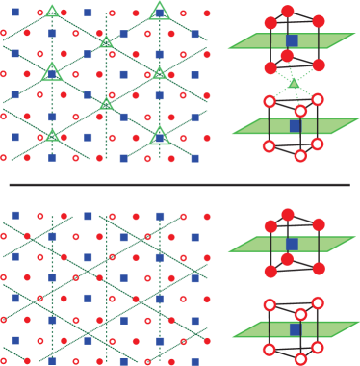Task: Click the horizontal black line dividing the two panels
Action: click(179, 184)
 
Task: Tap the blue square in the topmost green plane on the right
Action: click(292, 40)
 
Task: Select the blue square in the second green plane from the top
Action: click(296, 125)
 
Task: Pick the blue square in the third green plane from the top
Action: click(292, 244)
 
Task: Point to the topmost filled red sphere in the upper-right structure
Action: click(287, 12)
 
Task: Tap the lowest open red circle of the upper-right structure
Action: click(300, 156)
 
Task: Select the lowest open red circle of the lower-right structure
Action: click(300, 359)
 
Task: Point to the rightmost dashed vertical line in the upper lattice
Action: click(160, 96)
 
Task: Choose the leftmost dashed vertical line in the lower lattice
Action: click(52, 289)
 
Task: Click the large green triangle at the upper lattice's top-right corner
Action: click(160, 11)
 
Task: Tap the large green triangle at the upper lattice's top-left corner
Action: click(52, 11)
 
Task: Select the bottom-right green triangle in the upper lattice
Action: click(160, 136)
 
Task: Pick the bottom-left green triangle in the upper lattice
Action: click(52, 135)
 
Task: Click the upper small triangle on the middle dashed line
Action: click(106, 41)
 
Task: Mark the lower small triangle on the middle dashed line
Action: click(106, 104)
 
